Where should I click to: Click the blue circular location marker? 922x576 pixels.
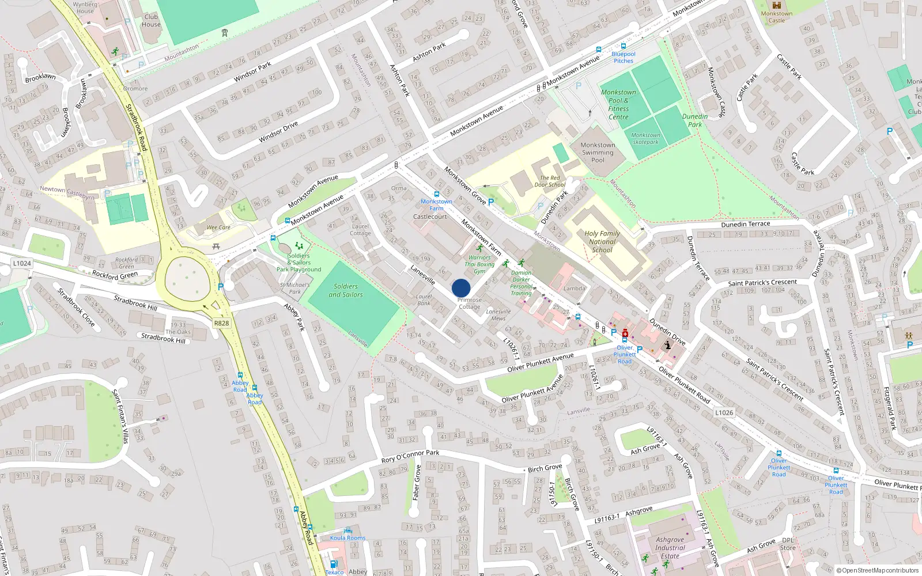(x=461, y=288)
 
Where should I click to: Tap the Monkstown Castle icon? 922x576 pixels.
(x=776, y=5)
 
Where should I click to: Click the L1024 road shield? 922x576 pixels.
(x=22, y=263)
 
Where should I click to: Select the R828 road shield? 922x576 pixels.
(x=221, y=323)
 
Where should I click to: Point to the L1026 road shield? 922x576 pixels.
(x=724, y=412)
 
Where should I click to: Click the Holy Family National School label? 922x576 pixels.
(x=602, y=242)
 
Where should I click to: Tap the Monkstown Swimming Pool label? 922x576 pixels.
(x=598, y=153)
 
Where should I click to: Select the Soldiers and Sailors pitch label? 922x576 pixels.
(x=346, y=290)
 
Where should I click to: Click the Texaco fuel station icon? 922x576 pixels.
(x=333, y=564)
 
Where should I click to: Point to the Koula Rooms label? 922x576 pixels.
(x=347, y=538)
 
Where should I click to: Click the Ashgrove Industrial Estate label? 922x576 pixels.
(x=670, y=548)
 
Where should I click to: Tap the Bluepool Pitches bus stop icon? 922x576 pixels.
(x=623, y=46)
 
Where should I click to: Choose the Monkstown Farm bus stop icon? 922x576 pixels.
(x=436, y=194)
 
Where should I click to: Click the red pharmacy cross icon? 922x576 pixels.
(x=625, y=334)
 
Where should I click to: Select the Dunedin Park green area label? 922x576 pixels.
(x=695, y=120)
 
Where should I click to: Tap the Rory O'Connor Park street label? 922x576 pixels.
(x=410, y=456)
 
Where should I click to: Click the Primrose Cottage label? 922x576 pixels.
(x=470, y=304)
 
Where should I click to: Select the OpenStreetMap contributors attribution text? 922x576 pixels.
(x=878, y=570)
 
